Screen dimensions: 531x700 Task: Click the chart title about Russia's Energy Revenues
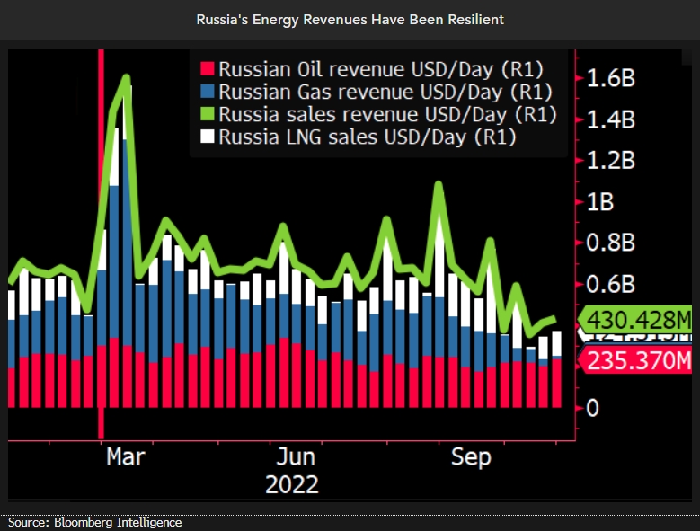350,19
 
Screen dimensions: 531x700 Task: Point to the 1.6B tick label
611,78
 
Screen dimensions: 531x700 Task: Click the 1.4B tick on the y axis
611,119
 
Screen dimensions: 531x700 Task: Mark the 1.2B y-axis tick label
611,161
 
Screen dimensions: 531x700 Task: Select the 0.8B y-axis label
611,243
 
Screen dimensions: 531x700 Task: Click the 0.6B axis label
611,285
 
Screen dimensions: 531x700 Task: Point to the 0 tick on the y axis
592,409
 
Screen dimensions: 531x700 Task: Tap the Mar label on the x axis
125,457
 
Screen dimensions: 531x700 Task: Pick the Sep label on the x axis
470,457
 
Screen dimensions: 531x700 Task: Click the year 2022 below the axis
292,484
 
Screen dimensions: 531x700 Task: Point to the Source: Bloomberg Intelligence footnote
94,522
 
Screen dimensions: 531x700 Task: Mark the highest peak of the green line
127,78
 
